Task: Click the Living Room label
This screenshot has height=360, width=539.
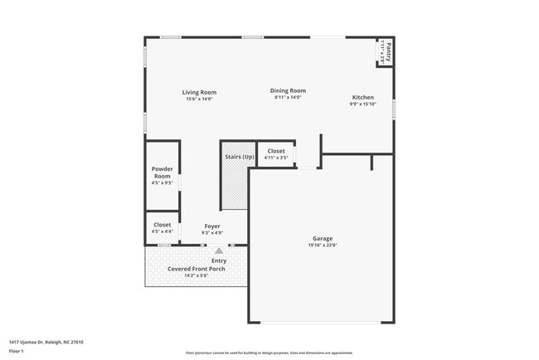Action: point(199,92)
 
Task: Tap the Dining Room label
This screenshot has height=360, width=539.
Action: point(288,90)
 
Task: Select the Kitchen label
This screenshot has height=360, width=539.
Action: point(363,97)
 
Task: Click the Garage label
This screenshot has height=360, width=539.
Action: point(323,238)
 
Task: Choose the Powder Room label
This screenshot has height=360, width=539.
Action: point(163,173)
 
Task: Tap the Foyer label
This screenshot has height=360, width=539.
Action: point(212,226)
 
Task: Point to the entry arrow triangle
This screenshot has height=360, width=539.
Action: point(219,250)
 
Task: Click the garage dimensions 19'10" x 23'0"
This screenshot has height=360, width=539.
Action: point(323,246)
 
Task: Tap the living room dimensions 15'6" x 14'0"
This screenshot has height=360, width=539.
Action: point(199,100)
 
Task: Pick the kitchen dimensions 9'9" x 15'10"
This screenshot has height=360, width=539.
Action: point(363,105)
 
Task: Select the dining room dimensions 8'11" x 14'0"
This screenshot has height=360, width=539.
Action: point(288,98)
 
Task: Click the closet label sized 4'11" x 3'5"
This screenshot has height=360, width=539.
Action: point(276,151)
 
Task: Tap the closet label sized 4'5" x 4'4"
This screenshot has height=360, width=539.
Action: point(163,225)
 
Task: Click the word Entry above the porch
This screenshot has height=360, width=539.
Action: point(219,260)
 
